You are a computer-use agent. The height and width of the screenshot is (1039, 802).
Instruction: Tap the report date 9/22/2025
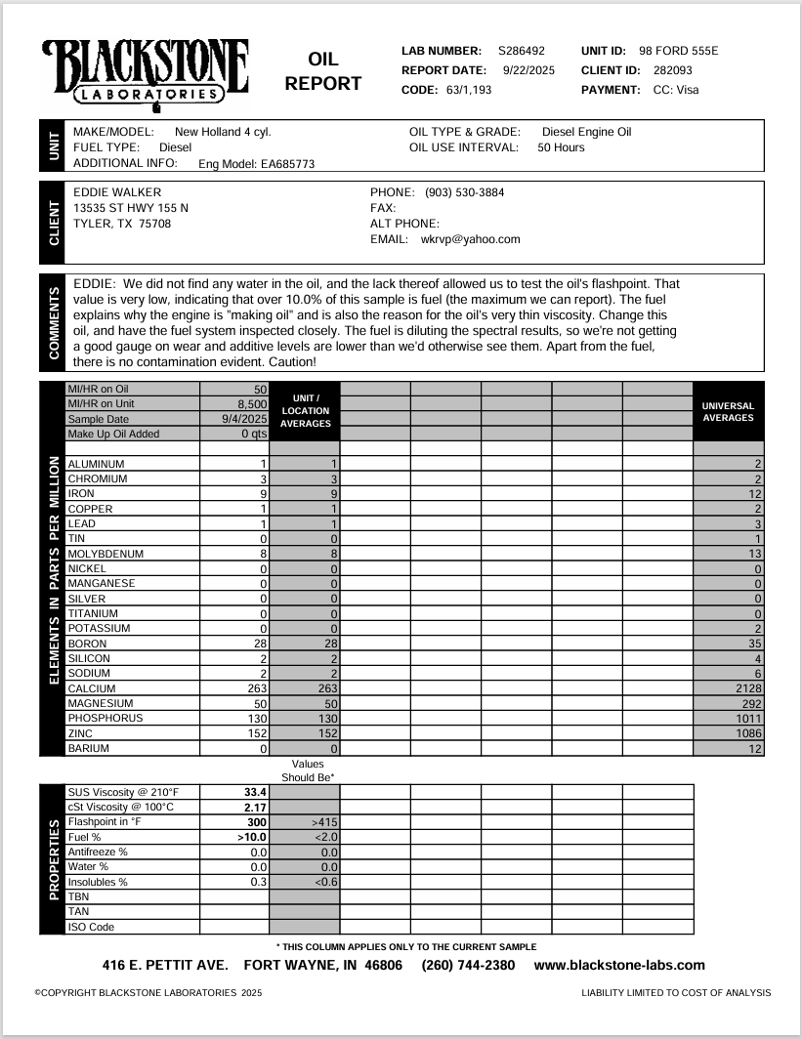pos(528,70)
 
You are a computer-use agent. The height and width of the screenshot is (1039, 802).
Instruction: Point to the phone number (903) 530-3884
pos(465,192)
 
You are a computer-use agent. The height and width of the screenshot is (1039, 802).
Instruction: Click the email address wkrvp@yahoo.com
pos(470,238)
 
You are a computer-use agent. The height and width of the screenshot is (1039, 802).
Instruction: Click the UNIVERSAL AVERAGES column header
pos(728,411)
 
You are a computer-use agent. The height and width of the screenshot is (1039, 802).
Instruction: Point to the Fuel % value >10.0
pos(252,837)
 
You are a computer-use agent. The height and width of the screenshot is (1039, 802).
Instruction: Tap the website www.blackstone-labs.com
pos(619,965)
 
